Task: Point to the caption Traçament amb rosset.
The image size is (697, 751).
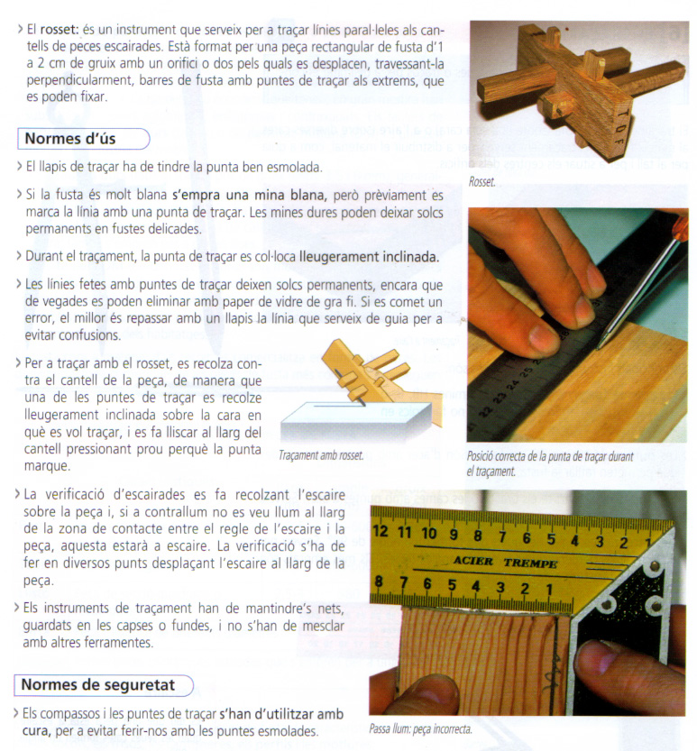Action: pyautogui.click(x=321, y=454)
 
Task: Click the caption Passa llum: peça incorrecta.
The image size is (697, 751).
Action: pyautogui.click(x=420, y=728)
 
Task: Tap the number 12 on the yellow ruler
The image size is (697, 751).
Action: pyautogui.click(x=381, y=532)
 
